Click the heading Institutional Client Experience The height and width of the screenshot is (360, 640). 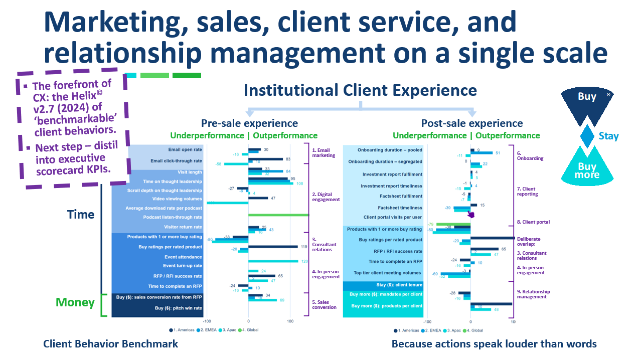(x=360, y=90)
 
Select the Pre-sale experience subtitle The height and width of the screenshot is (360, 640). (x=249, y=123)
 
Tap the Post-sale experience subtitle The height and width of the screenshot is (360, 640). (x=471, y=123)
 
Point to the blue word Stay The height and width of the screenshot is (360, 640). (x=608, y=136)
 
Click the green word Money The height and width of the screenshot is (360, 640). (x=75, y=302)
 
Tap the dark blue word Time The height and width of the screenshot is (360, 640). (x=81, y=215)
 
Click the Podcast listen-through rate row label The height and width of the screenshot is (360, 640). (x=173, y=217)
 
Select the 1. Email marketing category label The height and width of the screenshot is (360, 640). (x=324, y=153)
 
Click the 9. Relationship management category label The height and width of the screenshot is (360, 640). (x=533, y=294)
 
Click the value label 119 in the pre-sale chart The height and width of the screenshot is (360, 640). (x=304, y=247)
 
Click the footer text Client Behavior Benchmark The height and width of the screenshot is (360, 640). (x=110, y=344)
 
